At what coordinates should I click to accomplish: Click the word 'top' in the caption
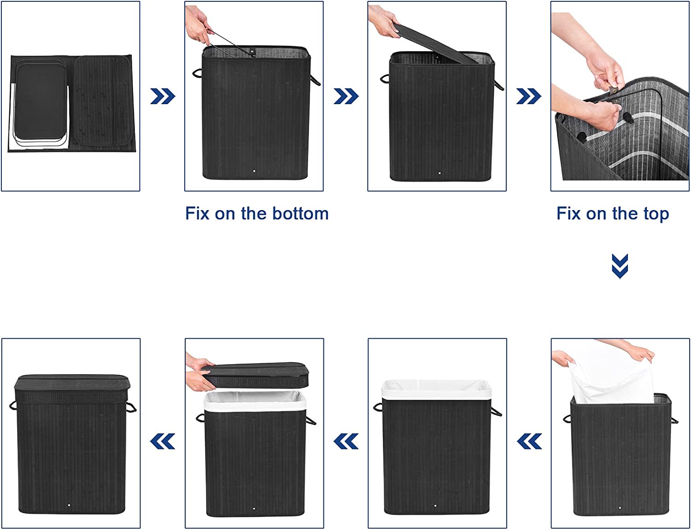656,214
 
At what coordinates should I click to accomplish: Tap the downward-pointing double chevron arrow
620,266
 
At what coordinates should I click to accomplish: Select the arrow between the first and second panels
163,96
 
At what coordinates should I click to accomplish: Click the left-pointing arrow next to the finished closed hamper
162,441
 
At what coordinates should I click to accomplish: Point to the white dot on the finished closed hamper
69,505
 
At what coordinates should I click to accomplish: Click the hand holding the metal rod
198,25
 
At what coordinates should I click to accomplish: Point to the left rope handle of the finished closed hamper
13,406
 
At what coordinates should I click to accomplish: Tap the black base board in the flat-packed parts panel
41,101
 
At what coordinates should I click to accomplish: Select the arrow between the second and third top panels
346,96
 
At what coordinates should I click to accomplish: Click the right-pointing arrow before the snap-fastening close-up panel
528,96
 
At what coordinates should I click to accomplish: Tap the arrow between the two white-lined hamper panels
346,441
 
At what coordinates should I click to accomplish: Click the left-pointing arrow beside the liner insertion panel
529,441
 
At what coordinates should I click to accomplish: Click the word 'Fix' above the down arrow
568,213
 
